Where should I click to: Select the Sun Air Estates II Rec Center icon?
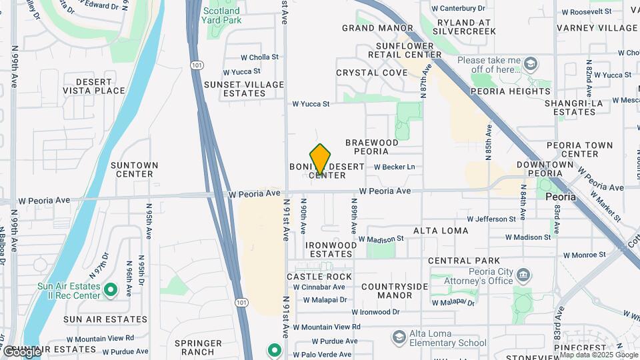click(111, 290)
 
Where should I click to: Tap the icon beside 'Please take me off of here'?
click(531, 64)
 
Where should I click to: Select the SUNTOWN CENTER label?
click(135, 169)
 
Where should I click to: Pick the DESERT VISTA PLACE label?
click(94, 86)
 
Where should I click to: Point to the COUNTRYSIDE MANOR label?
click(386, 291)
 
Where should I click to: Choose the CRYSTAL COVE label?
click(372, 73)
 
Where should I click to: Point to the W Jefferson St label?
click(491, 219)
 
